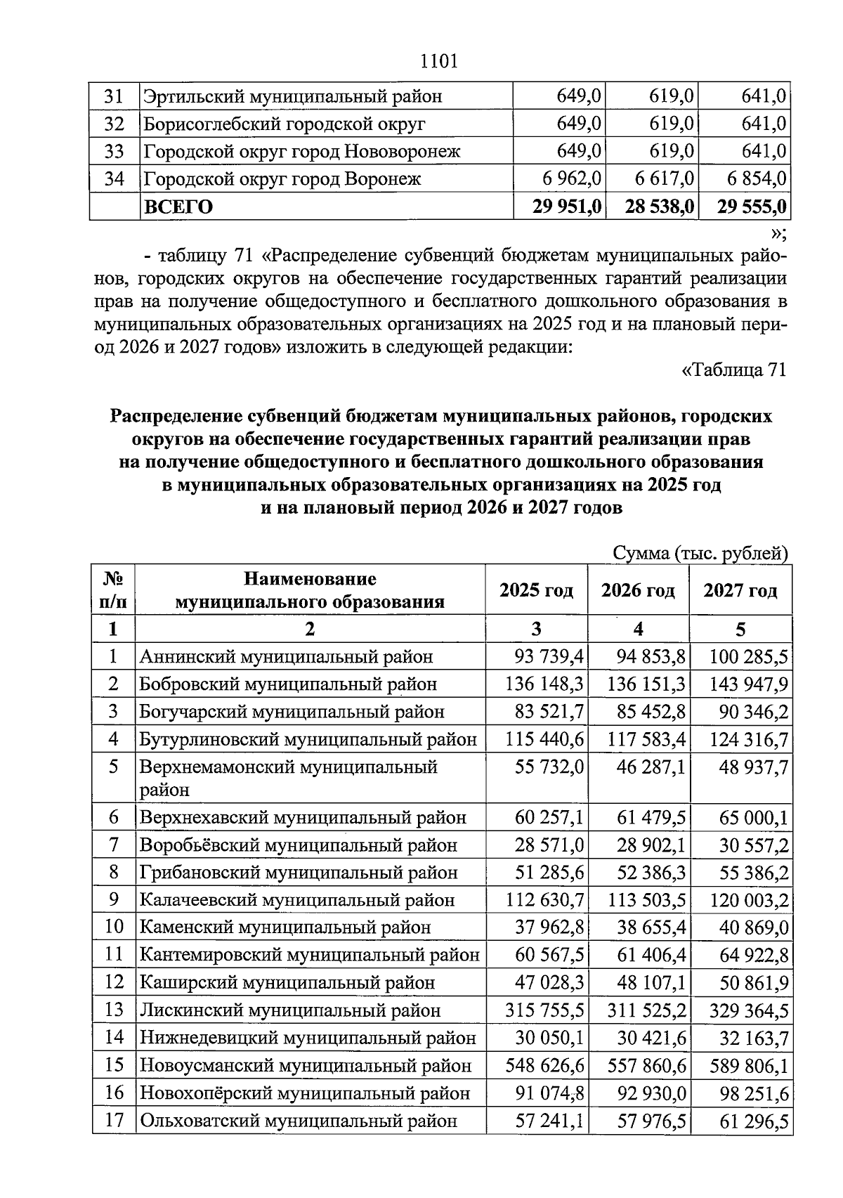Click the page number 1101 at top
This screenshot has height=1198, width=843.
point(438,62)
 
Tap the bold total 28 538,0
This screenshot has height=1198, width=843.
point(659,207)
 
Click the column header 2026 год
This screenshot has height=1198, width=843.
point(638,590)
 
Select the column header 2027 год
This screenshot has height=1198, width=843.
point(740,590)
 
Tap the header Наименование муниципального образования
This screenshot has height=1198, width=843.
point(310,590)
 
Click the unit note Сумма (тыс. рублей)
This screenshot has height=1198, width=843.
point(700,554)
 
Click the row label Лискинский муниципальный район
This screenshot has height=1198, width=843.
point(290,1010)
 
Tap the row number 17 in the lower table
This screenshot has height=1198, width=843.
point(114,1121)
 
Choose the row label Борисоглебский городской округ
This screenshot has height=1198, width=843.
point(285,124)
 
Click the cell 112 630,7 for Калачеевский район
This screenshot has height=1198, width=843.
point(544,900)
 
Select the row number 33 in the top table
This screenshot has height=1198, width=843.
point(114,152)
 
